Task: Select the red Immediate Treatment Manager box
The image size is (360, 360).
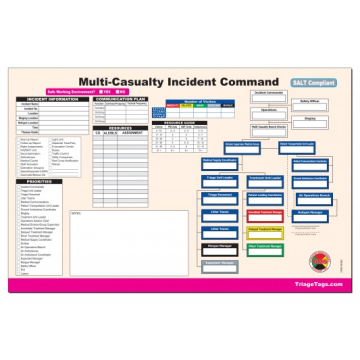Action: [262, 214]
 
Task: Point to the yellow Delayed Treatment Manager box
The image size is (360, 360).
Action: [262, 230]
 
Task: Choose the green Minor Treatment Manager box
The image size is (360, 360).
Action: [262, 246]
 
